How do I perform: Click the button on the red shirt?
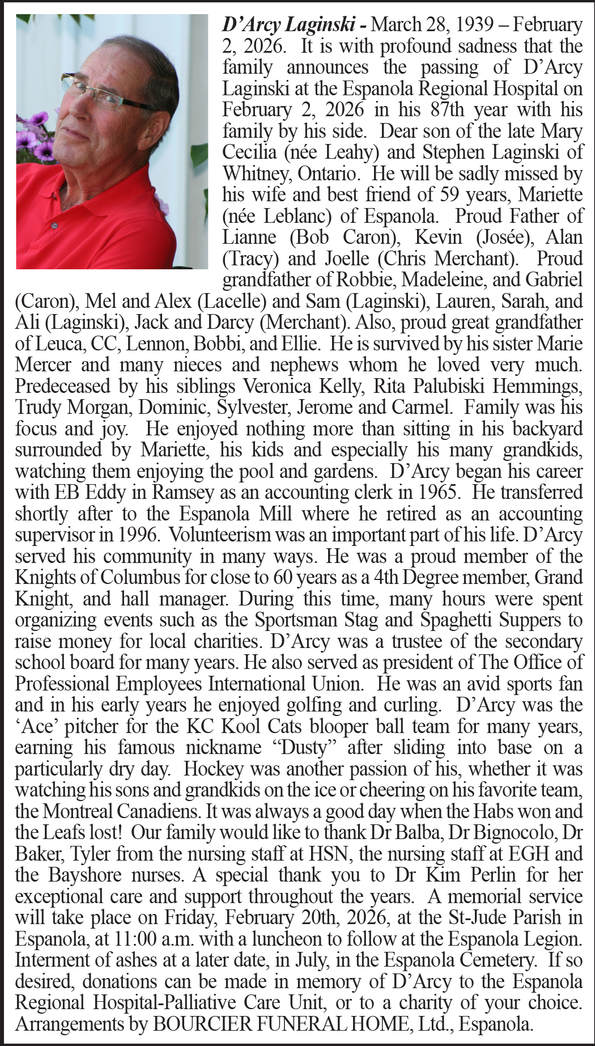[x=54, y=226]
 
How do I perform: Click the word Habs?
[x=489, y=812]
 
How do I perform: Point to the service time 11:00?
[x=135, y=939]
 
